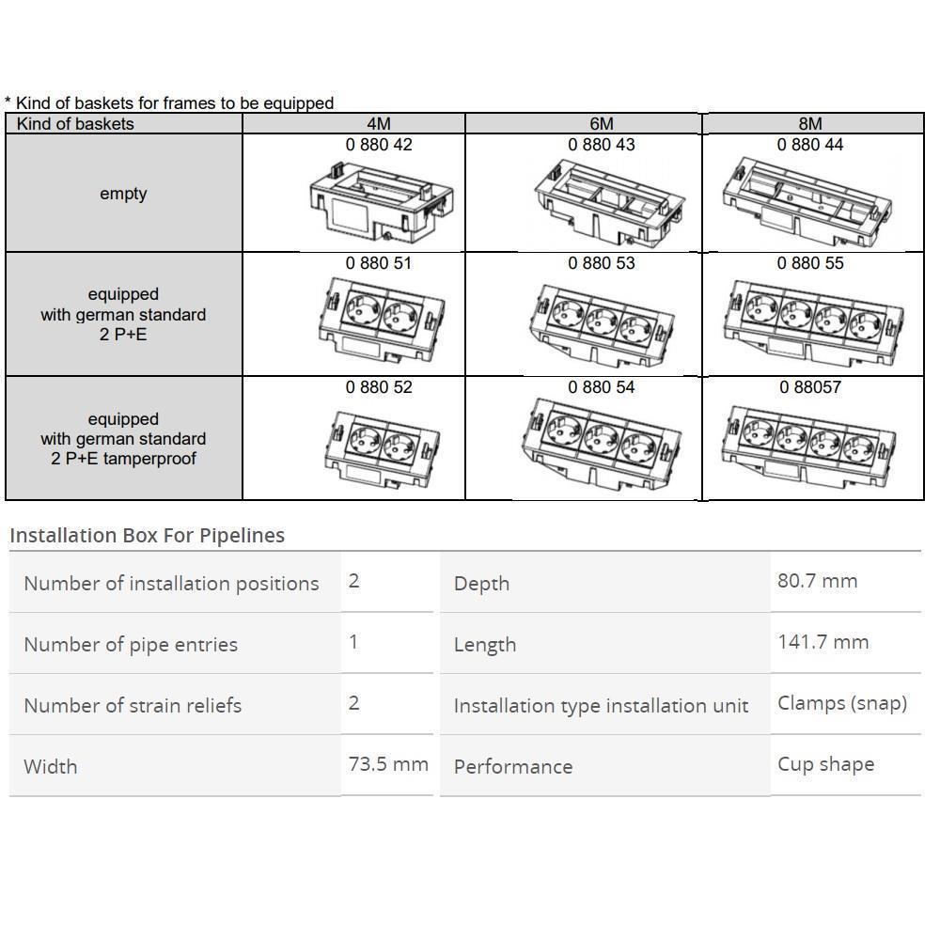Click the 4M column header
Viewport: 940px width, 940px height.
[379, 124]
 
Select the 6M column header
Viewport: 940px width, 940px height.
[602, 124]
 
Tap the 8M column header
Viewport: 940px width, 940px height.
[810, 124]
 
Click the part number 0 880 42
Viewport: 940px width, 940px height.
[379, 145]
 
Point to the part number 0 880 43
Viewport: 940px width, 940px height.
[602, 145]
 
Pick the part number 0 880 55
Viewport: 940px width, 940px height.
[810, 263]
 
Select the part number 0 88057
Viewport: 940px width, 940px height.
[810, 386]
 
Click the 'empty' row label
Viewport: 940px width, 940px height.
[123, 194]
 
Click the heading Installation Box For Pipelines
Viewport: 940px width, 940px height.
[147, 535]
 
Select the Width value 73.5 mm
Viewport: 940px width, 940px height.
[388, 763]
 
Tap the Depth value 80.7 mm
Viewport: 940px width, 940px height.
[817, 580]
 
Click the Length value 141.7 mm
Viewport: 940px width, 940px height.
[822, 642]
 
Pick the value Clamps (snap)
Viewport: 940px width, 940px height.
[841, 703]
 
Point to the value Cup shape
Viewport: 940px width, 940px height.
[825, 763]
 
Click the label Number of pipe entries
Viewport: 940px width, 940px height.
[131, 645]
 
